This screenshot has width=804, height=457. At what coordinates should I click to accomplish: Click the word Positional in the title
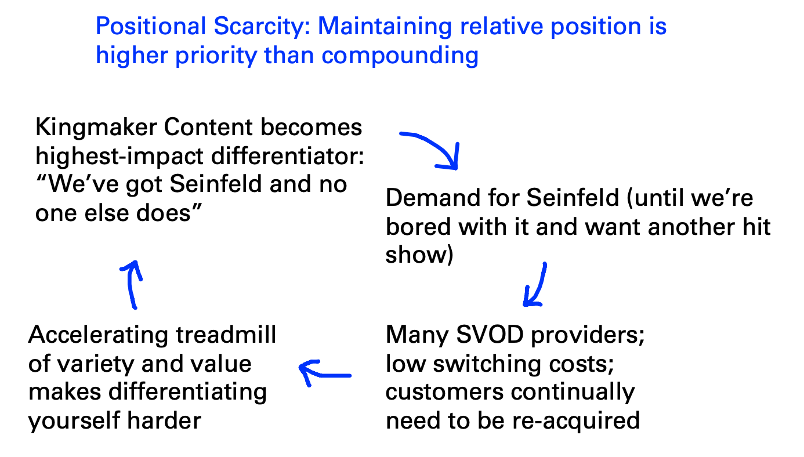(x=151, y=26)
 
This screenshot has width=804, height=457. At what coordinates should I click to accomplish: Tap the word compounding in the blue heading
(x=400, y=56)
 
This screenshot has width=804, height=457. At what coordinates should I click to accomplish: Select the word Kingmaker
(x=96, y=128)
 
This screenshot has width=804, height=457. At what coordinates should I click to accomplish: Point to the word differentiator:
(x=287, y=156)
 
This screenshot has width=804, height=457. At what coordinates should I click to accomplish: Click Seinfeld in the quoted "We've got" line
(x=216, y=184)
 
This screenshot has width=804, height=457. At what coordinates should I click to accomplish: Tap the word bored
(x=418, y=227)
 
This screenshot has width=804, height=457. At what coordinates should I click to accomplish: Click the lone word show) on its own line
(x=419, y=255)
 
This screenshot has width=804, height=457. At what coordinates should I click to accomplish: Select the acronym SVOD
(x=490, y=335)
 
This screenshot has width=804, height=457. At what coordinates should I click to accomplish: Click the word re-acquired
(x=575, y=420)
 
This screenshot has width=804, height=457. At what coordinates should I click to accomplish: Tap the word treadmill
(x=226, y=335)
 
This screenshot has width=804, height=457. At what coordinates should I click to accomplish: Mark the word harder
(x=164, y=420)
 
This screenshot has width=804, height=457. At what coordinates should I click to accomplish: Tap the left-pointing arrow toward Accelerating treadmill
(x=325, y=375)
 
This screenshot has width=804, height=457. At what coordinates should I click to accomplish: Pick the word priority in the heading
(x=216, y=56)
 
